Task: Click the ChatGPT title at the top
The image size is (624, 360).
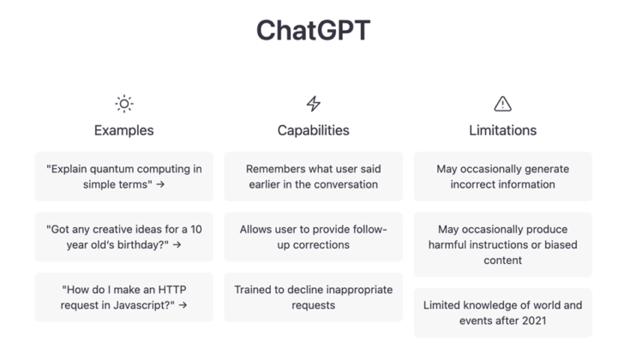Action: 313,30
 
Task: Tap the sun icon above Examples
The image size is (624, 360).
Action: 124,104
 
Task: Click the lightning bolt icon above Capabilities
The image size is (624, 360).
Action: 314,104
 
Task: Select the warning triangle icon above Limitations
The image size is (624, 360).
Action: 503,104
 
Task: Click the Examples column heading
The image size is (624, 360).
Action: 124,130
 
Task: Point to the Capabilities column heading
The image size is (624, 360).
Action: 314,130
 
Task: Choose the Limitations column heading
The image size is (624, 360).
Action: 503,130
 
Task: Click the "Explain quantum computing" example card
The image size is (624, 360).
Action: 124,177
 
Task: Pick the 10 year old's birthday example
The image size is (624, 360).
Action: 124,237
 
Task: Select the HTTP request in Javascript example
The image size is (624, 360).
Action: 124,297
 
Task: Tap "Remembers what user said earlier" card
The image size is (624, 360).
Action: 314,177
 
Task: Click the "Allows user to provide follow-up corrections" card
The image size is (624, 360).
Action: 314,237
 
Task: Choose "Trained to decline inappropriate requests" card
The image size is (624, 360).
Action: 314,297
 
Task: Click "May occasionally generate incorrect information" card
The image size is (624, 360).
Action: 503,177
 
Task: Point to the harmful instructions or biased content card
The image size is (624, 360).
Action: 503,244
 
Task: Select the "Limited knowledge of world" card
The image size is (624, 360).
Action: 503,313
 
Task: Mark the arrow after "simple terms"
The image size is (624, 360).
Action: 160,185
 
